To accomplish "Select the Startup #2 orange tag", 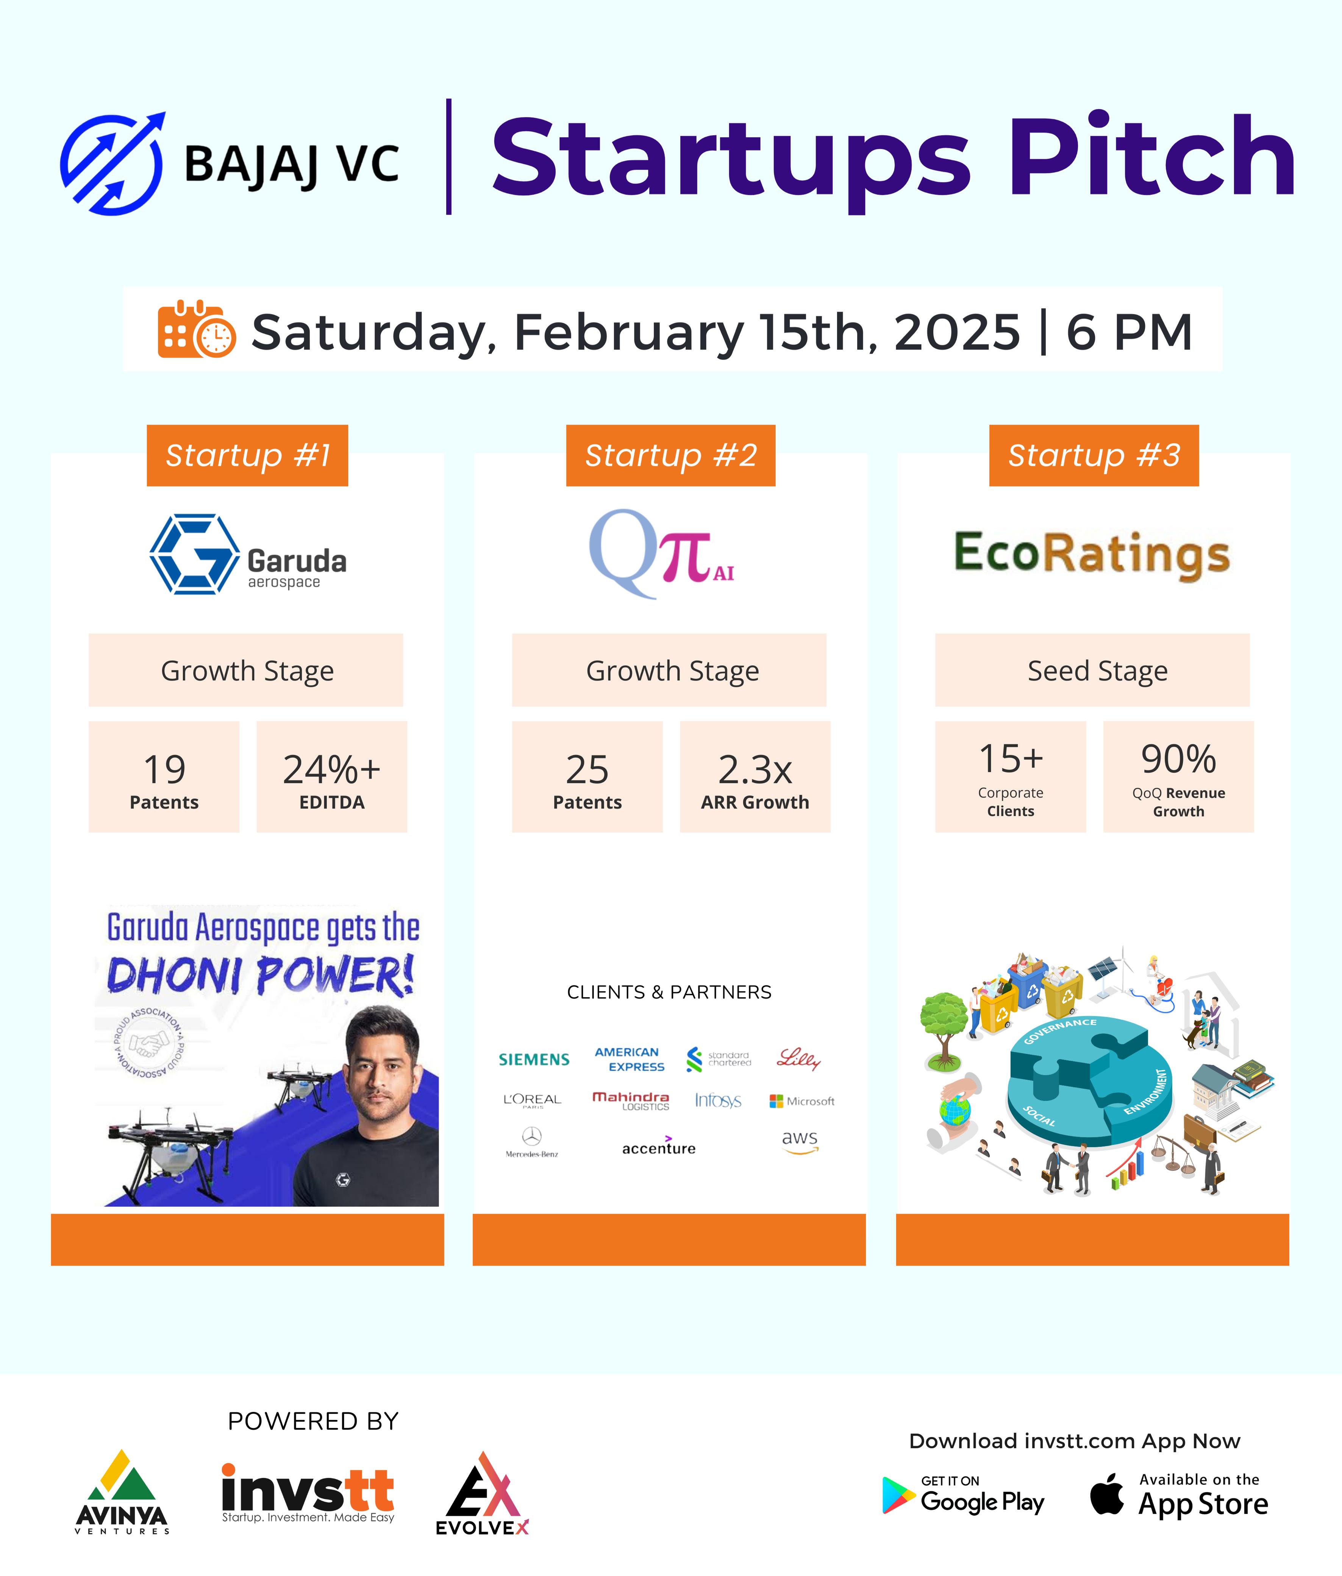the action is pos(670,456).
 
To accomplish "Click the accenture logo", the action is pos(658,1146).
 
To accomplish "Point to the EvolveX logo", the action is pos(482,1493).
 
